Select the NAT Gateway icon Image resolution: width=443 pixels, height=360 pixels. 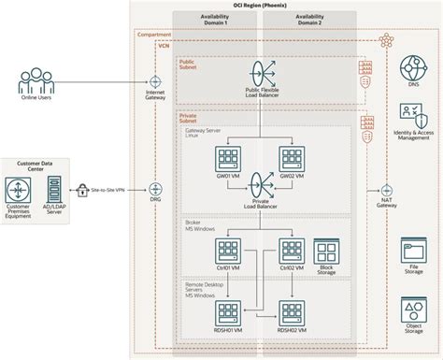384,189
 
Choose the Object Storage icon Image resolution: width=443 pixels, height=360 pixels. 412,310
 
